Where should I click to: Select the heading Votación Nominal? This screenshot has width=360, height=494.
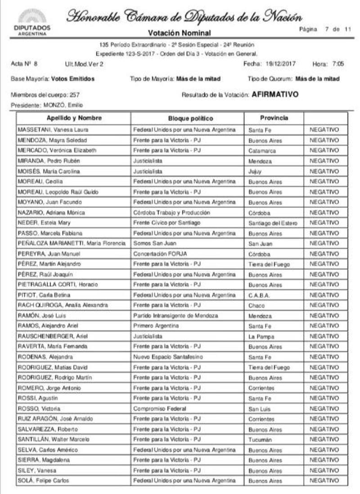(180, 33)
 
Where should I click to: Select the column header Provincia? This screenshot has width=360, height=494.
(274, 118)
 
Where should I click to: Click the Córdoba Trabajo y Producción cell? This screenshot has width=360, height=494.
(171, 213)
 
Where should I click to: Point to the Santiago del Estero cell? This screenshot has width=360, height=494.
(273, 223)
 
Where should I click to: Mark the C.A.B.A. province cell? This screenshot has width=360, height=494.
(259, 295)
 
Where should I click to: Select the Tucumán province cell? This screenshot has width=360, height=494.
(260, 440)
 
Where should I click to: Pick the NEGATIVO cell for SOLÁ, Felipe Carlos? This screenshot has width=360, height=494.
(324, 480)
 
